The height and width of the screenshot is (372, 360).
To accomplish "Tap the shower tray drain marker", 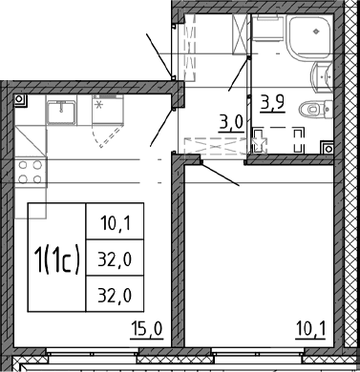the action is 316,31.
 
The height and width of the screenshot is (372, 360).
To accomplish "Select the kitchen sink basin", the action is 61,112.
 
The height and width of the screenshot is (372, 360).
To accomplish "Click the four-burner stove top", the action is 31,172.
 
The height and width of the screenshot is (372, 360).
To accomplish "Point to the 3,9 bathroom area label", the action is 272,103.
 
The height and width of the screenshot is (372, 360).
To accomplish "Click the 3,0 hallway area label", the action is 231,123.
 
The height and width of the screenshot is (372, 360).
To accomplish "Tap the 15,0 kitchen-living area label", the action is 147,329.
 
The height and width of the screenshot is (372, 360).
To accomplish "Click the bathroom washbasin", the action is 322,77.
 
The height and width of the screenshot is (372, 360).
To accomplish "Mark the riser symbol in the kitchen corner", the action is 20,100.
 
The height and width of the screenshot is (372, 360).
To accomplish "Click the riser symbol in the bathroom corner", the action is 328,148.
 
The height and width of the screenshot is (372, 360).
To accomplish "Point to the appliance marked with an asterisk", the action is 108,109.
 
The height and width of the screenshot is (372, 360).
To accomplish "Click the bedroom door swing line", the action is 220,174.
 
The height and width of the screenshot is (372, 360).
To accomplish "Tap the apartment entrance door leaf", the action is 159,55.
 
